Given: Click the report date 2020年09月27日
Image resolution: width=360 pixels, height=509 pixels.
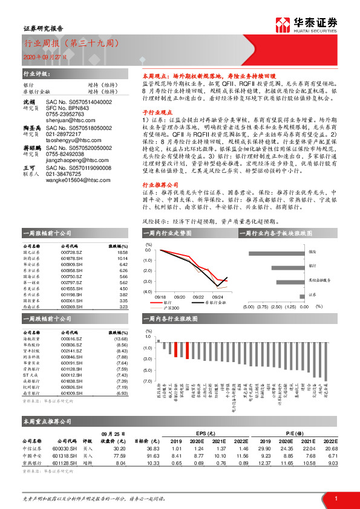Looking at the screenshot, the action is pyautogui.click(x=42, y=56).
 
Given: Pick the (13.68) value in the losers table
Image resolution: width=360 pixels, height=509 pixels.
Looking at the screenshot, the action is pyautogui.click(x=121, y=339).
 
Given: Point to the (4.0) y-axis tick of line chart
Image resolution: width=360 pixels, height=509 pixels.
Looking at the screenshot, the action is pyautogui.click(x=148, y=292).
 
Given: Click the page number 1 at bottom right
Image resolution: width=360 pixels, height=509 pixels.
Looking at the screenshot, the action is pyautogui.click(x=336, y=496).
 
